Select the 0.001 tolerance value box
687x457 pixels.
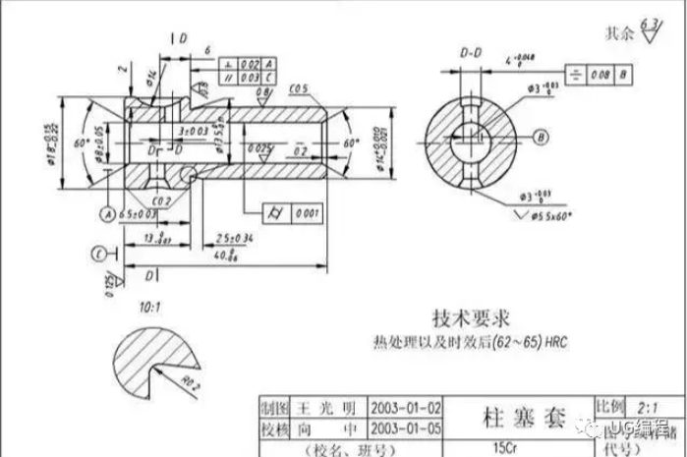click(x=308, y=211)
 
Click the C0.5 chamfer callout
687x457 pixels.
click(x=301, y=89)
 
